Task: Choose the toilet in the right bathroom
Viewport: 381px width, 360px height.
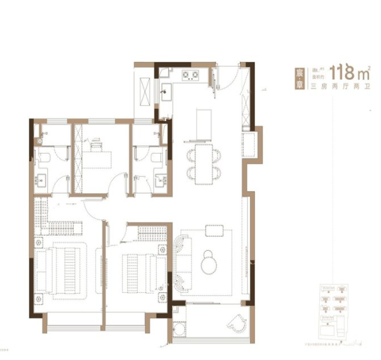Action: tap(157, 157)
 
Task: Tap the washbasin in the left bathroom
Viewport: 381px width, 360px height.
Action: tap(40, 180)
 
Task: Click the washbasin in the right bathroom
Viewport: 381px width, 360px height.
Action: tap(160, 180)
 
